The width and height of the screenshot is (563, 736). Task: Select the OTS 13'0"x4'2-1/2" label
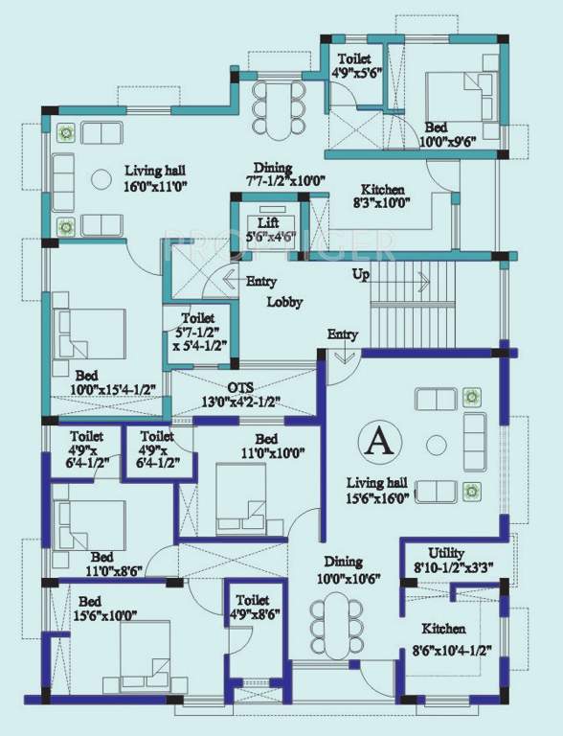click(239, 394)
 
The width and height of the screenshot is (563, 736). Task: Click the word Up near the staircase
click(361, 274)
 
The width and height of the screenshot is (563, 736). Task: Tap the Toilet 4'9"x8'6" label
click(254, 608)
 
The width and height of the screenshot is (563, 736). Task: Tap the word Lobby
click(284, 302)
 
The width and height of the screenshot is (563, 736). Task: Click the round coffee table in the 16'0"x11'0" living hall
click(99, 177)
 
